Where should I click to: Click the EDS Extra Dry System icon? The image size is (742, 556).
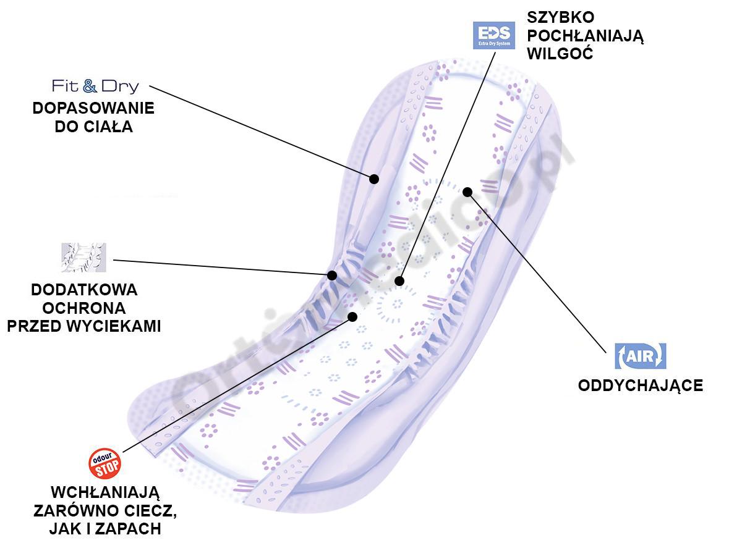tap(493, 35)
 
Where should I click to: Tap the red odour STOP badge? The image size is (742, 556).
tap(105, 464)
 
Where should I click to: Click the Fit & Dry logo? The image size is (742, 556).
tap(95, 86)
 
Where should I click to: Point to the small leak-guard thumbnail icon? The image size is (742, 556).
tap(83, 258)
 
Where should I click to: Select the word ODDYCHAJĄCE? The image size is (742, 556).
tap(640, 385)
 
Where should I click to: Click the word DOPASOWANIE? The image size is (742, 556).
tap(93, 108)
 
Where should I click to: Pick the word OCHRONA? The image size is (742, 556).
tap(84, 308)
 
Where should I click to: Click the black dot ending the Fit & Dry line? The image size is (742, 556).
tap(374, 179)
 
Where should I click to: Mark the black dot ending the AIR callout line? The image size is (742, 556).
tap(467, 192)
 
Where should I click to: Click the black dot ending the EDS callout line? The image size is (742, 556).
tap(399, 281)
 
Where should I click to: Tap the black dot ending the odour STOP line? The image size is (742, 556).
tap(352, 316)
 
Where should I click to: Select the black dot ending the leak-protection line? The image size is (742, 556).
tap(332, 276)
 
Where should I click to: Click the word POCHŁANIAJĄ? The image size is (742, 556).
tap(586, 36)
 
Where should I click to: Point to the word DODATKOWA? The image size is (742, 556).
tap(84, 289)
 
